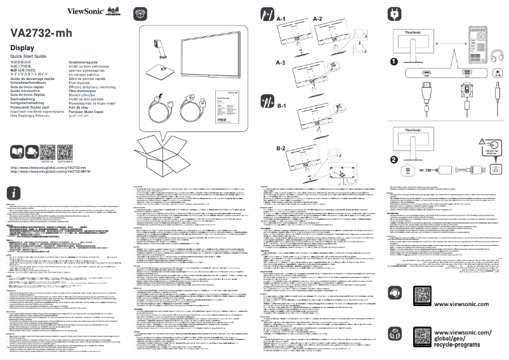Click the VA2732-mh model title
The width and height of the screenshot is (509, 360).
coord(42,34)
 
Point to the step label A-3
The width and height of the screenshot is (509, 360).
coord(282,63)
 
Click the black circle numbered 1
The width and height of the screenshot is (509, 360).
coord(394,62)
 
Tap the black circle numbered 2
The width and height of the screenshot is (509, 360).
coord(394,159)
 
